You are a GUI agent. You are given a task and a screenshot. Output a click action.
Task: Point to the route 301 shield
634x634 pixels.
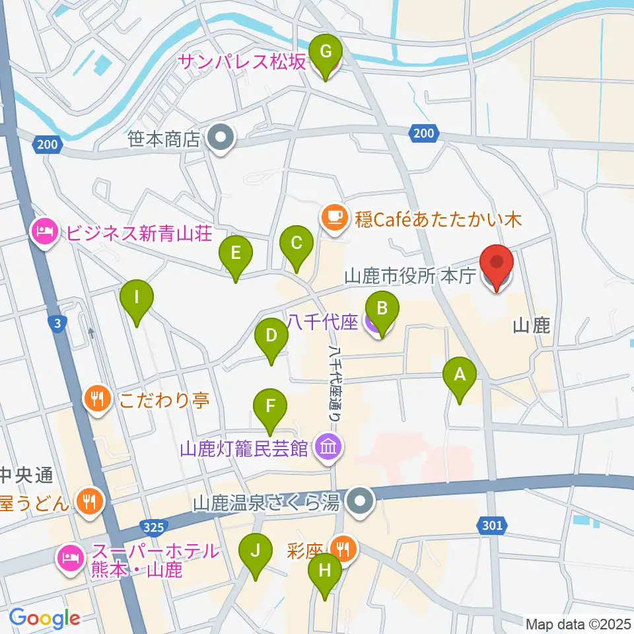492,525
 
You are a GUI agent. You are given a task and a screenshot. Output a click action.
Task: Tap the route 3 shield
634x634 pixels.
59,323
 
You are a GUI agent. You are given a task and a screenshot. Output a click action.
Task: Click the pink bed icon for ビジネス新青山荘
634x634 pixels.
43,232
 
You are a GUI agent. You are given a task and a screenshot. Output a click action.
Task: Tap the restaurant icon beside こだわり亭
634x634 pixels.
97,399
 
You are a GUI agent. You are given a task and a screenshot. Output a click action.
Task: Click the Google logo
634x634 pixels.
44,617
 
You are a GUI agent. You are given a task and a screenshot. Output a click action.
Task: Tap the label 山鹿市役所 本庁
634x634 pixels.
409,276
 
